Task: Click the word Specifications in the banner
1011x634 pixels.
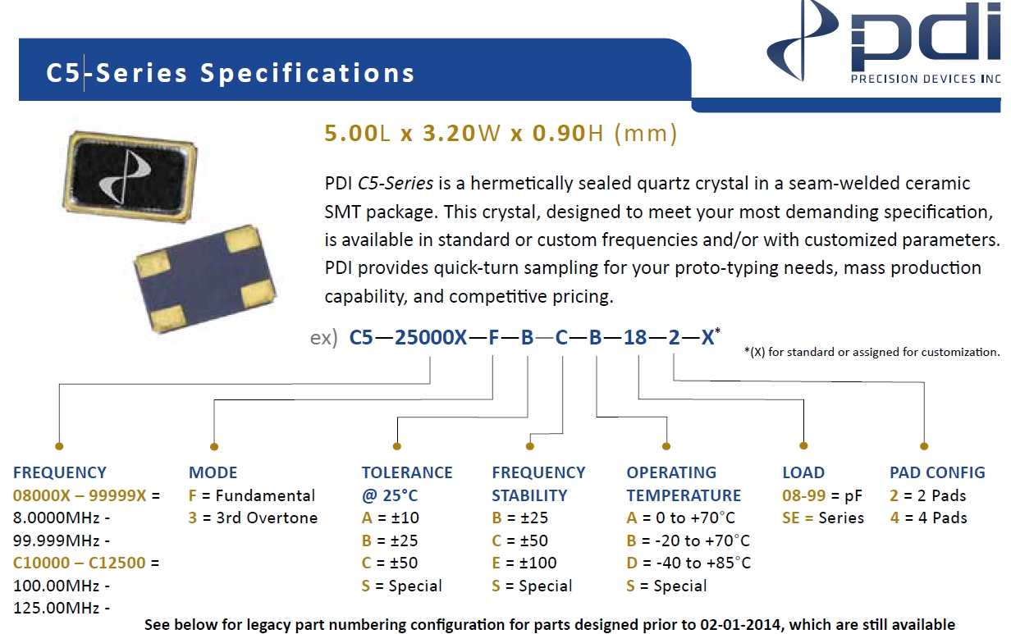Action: (308, 74)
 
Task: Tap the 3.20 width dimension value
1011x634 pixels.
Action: (449, 133)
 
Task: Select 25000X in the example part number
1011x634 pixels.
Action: (431, 338)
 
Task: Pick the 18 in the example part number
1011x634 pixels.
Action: (635, 338)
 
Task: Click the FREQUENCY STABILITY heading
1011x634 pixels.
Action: (538, 484)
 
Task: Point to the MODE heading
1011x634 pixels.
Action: (213, 472)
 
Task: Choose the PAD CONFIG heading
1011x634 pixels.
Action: (937, 472)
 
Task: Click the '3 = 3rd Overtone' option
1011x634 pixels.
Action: (253, 518)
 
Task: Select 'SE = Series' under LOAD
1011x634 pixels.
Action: (823, 518)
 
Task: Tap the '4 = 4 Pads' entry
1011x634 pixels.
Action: (928, 518)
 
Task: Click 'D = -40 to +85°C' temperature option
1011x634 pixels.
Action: (688, 563)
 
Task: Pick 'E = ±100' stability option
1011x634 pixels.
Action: (524, 563)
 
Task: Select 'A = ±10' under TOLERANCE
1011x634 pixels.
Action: (390, 518)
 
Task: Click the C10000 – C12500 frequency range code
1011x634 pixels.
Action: (79, 563)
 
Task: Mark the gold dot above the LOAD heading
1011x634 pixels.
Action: (803, 446)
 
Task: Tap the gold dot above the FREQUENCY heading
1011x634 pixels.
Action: (59, 446)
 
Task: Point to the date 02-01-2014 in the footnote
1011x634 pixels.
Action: (740, 625)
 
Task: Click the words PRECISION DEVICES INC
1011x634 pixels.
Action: (926, 79)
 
